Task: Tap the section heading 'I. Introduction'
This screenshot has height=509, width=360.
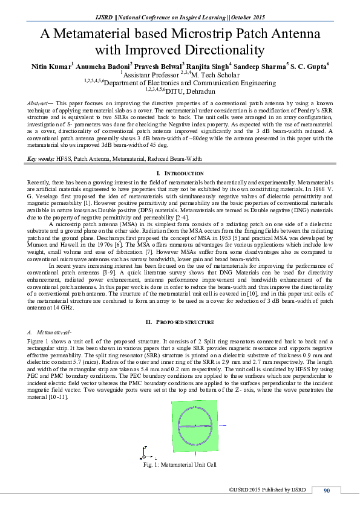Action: (180, 173)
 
